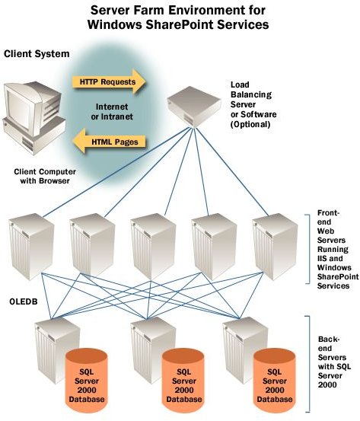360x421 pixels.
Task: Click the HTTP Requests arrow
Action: (109, 81)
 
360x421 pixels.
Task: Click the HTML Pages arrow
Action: (109, 142)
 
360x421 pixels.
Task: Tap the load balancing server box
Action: (194, 107)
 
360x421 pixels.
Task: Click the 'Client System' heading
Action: (37, 54)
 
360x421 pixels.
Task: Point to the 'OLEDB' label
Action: (24, 301)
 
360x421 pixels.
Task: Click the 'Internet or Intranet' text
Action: (112, 111)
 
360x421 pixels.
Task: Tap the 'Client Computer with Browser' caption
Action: (45, 176)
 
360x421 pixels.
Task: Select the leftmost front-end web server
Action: (31, 247)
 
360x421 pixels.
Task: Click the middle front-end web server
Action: (153, 247)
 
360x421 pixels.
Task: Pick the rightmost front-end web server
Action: (276, 247)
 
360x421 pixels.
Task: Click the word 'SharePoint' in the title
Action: (180, 24)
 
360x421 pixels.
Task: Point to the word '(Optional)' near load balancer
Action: (250, 124)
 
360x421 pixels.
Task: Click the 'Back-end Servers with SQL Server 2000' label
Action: (334, 362)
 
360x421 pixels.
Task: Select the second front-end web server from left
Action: (92, 247)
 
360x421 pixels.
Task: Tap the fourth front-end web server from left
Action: (214, 247)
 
